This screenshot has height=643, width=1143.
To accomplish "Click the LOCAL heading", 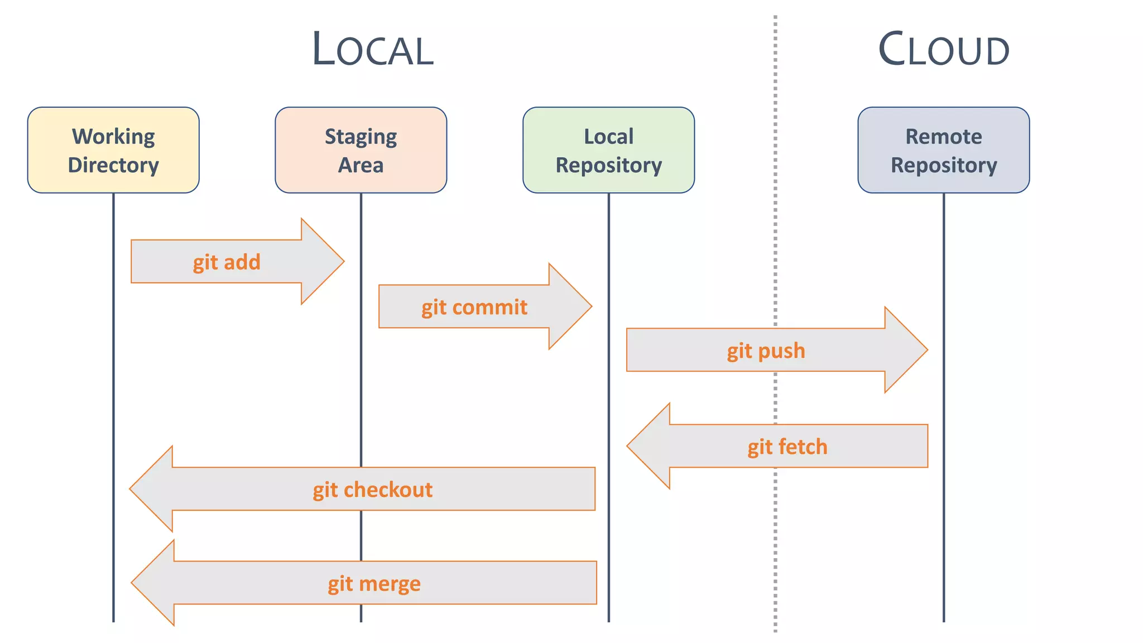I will click(372, 50).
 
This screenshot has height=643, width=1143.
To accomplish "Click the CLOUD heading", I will click(943, 50).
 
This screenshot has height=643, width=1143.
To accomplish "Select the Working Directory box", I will click(113, 150).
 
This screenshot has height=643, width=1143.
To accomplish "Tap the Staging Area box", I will click(361, 150).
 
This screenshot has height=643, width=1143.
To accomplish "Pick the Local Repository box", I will click(608, 150).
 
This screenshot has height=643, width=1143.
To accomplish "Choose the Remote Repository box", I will click(943, 150).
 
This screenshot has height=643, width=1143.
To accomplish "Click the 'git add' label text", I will click(227, 262).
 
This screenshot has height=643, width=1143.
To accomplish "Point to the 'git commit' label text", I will click(474, 308).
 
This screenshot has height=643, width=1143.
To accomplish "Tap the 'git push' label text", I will click(766, 351).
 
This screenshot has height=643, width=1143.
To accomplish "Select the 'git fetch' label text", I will click(787, 447).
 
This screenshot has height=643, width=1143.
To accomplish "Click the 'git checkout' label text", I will click(372, 490).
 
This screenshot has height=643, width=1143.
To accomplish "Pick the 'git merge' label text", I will click(374, 584).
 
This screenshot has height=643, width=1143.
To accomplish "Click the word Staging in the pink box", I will click(361, 137).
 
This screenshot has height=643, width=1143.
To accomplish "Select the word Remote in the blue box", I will click(943, 137).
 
